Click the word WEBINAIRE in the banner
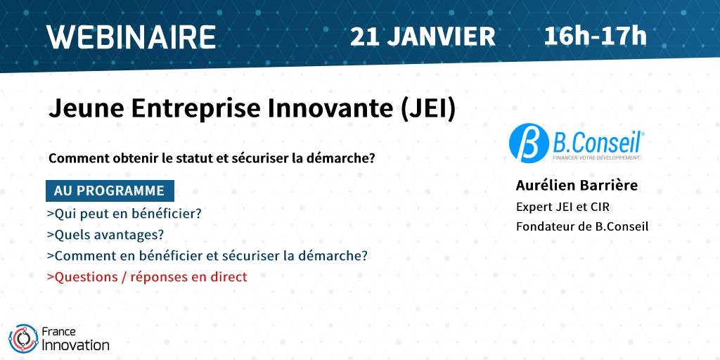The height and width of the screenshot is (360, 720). click(x=131, y=37)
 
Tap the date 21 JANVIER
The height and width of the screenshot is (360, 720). click(x=423, y=37)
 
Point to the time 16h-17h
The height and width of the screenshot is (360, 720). click(x=595, y=37)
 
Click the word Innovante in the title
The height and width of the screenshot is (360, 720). click(x=330, y=109)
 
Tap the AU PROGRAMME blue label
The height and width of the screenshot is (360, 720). click(x=110, y=191)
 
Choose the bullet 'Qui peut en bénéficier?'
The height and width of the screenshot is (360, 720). click(x=124, y=214)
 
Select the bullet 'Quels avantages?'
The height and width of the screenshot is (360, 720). click(x=105, y=235)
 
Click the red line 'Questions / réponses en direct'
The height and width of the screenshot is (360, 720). click(x=147, y=277)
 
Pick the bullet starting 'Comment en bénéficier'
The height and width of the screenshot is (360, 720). click(x=207, y=256)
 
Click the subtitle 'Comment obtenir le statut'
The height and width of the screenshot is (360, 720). click(x=212, y=159)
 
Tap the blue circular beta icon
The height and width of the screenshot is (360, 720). click(x=529, y=143)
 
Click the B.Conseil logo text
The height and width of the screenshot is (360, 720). click(x=598, y=141)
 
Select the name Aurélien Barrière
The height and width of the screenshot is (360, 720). click(x=577, y=186)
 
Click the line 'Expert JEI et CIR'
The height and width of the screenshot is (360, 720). click(x=563, y=207)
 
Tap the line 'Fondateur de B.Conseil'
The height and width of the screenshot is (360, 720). click(x=582, y=227)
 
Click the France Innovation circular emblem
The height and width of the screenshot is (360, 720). click(x=23, y=338)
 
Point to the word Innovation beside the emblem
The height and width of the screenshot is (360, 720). click(x=75, y=345)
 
